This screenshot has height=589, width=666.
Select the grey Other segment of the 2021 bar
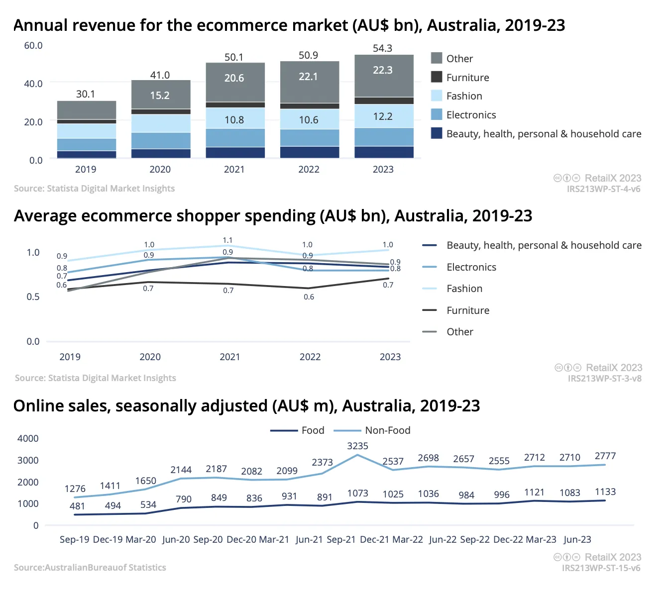tap(235, 82)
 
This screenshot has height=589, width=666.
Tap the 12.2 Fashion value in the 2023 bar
tap(382, 116)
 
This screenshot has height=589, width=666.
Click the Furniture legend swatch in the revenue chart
tap(436, 77)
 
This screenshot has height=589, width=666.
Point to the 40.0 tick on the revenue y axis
tap(33, 84)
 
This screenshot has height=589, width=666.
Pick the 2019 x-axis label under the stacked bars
tap(86, 169)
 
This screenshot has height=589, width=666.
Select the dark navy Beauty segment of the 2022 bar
tap(309, 152)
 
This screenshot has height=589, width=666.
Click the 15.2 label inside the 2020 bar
tap(160, 96)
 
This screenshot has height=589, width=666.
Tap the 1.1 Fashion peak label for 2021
tap(227, 240)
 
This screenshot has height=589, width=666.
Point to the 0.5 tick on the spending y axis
tap(33, 296)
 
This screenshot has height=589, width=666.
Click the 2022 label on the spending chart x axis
tap(310, 357)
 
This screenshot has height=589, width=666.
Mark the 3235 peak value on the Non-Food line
tap(357, 446)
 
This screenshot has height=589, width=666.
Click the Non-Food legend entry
tap(372, 430)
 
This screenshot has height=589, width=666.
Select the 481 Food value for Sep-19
tap(77, 506)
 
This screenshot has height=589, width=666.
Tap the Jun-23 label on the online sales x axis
tap(577, 539)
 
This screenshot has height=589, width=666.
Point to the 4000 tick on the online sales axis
tap(28, 438)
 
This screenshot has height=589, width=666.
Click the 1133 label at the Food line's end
tap(605, 492)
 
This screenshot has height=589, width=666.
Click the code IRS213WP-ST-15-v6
tap(601, 568)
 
